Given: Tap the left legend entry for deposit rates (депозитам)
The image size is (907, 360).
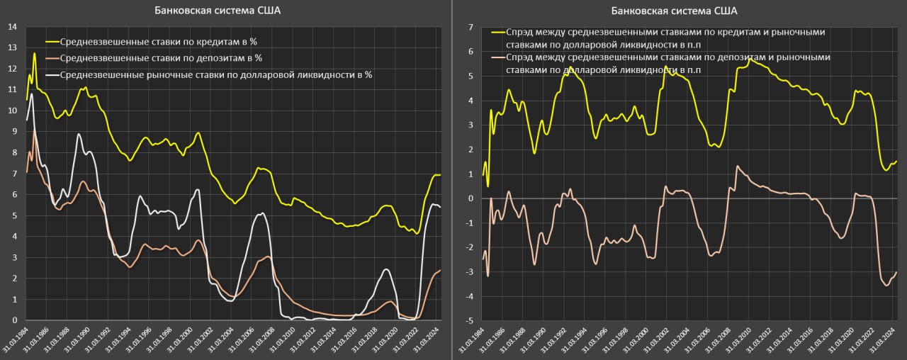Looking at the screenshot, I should coord(161,58).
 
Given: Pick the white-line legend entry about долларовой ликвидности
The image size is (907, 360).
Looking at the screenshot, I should coord(216,74).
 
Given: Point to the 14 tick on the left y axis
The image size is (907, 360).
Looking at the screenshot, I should coord(11,27).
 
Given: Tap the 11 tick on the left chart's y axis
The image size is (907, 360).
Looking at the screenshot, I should coord(11,90).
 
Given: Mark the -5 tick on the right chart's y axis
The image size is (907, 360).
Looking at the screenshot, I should coord(468,321).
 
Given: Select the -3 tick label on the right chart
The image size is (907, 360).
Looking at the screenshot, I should coord(468,272).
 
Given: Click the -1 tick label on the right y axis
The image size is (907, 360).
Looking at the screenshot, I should coord(468,223).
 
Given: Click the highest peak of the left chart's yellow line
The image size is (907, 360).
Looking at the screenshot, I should coord(34,53).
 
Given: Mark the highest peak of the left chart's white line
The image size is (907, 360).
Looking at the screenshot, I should coord(31,94).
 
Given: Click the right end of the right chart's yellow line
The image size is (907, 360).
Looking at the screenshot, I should coord(896,162).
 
